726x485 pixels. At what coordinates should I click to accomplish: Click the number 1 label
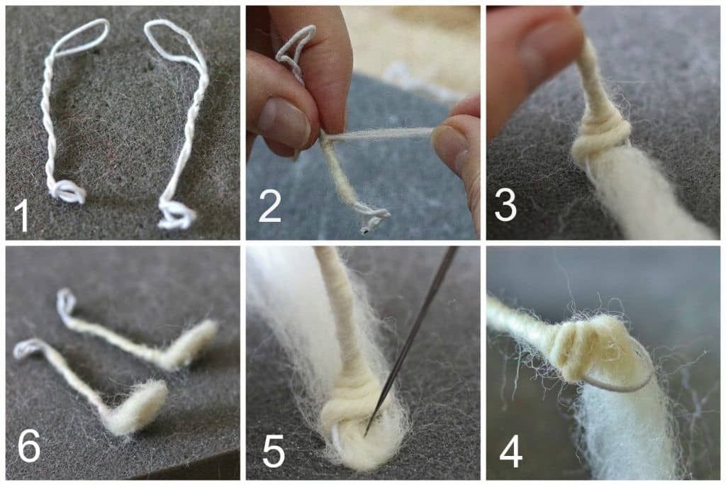[x=21, y=215]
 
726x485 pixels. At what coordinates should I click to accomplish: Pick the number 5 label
[x=274, y=451]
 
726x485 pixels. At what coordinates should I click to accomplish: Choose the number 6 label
[x=28, y=446]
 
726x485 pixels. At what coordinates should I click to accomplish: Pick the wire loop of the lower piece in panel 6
[x=28, y=348]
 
